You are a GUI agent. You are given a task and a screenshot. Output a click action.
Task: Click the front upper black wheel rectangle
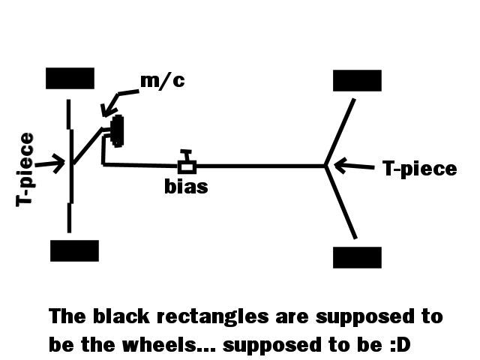70,78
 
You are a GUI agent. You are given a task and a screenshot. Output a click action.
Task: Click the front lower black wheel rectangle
74,250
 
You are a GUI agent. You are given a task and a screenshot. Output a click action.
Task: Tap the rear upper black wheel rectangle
357,80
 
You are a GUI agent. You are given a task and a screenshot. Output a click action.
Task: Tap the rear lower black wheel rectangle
357,257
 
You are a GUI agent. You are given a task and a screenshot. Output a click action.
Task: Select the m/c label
163,81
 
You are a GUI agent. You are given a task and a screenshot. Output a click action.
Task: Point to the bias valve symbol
187,163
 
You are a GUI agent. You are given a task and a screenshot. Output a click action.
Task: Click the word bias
186,186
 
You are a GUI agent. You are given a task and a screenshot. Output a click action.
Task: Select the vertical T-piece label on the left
26,169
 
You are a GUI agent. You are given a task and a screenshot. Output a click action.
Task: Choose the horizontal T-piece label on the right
419,169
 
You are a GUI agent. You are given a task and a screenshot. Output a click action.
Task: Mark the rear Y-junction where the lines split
326,166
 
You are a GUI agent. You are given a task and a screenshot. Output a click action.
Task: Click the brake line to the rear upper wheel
340,131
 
